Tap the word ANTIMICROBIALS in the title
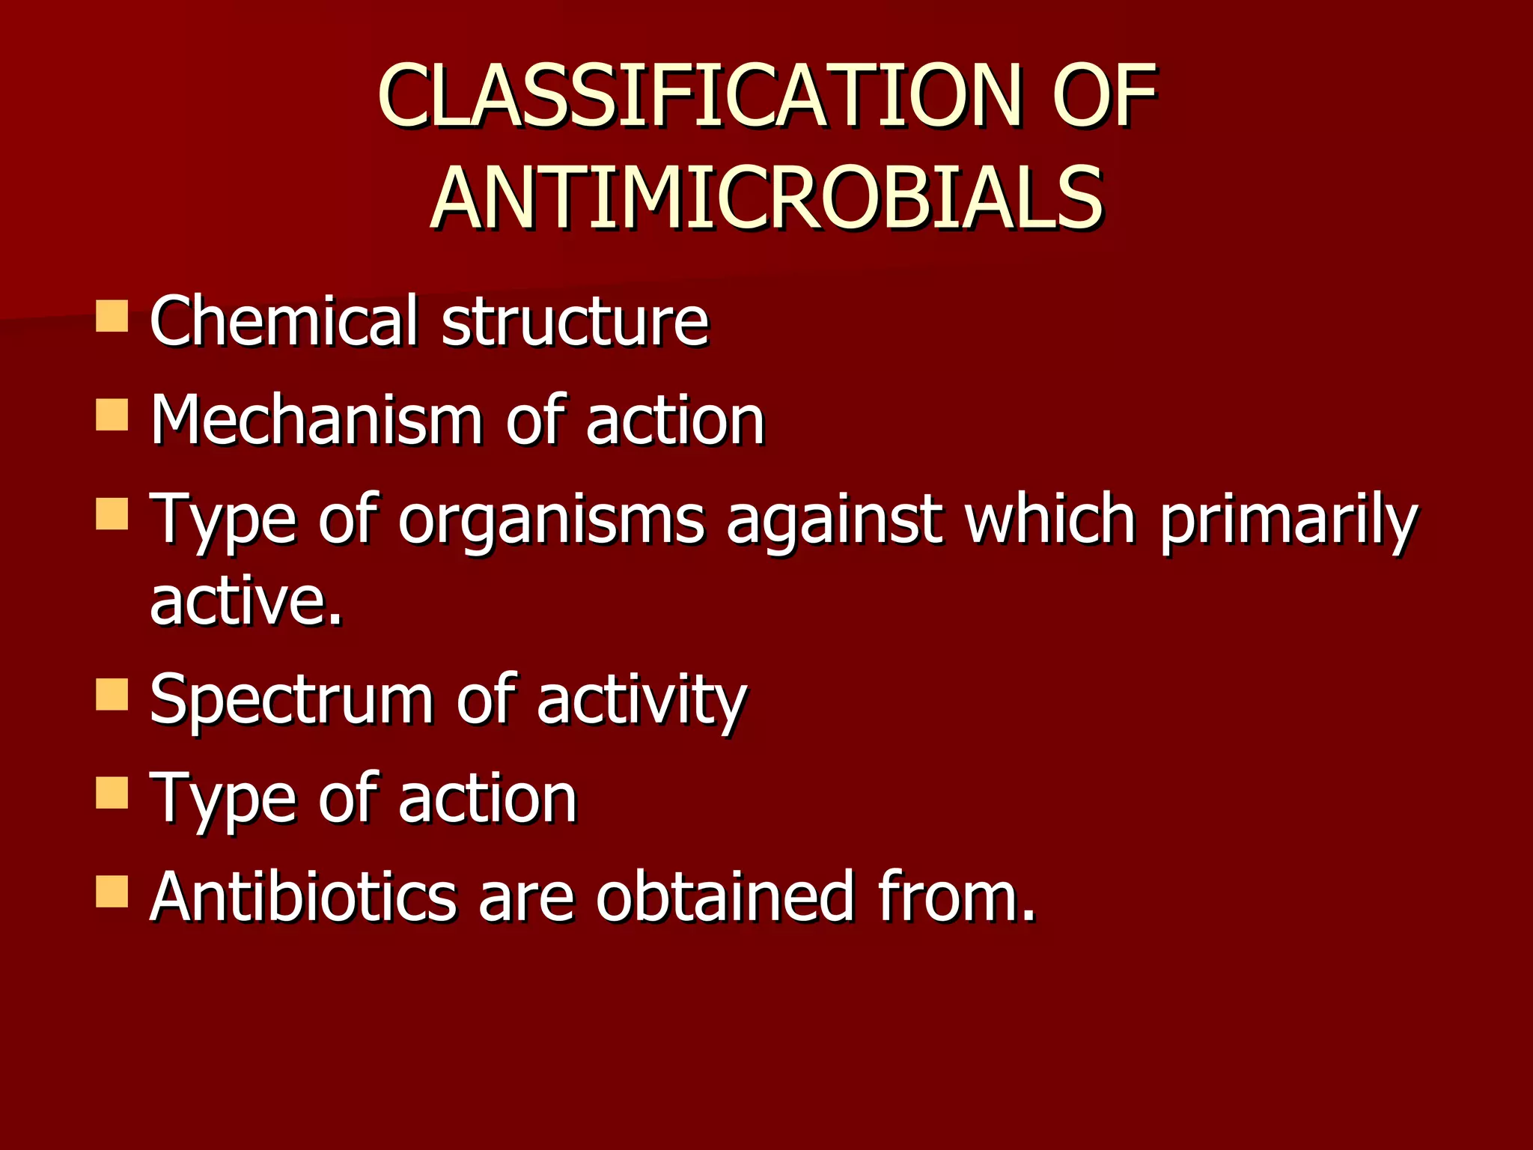766,198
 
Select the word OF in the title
1103,96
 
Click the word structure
575,322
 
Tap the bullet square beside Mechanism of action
112,415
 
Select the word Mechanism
317,420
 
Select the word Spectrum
292,701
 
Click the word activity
641,701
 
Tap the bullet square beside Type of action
112,794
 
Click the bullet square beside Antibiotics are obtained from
112,892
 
